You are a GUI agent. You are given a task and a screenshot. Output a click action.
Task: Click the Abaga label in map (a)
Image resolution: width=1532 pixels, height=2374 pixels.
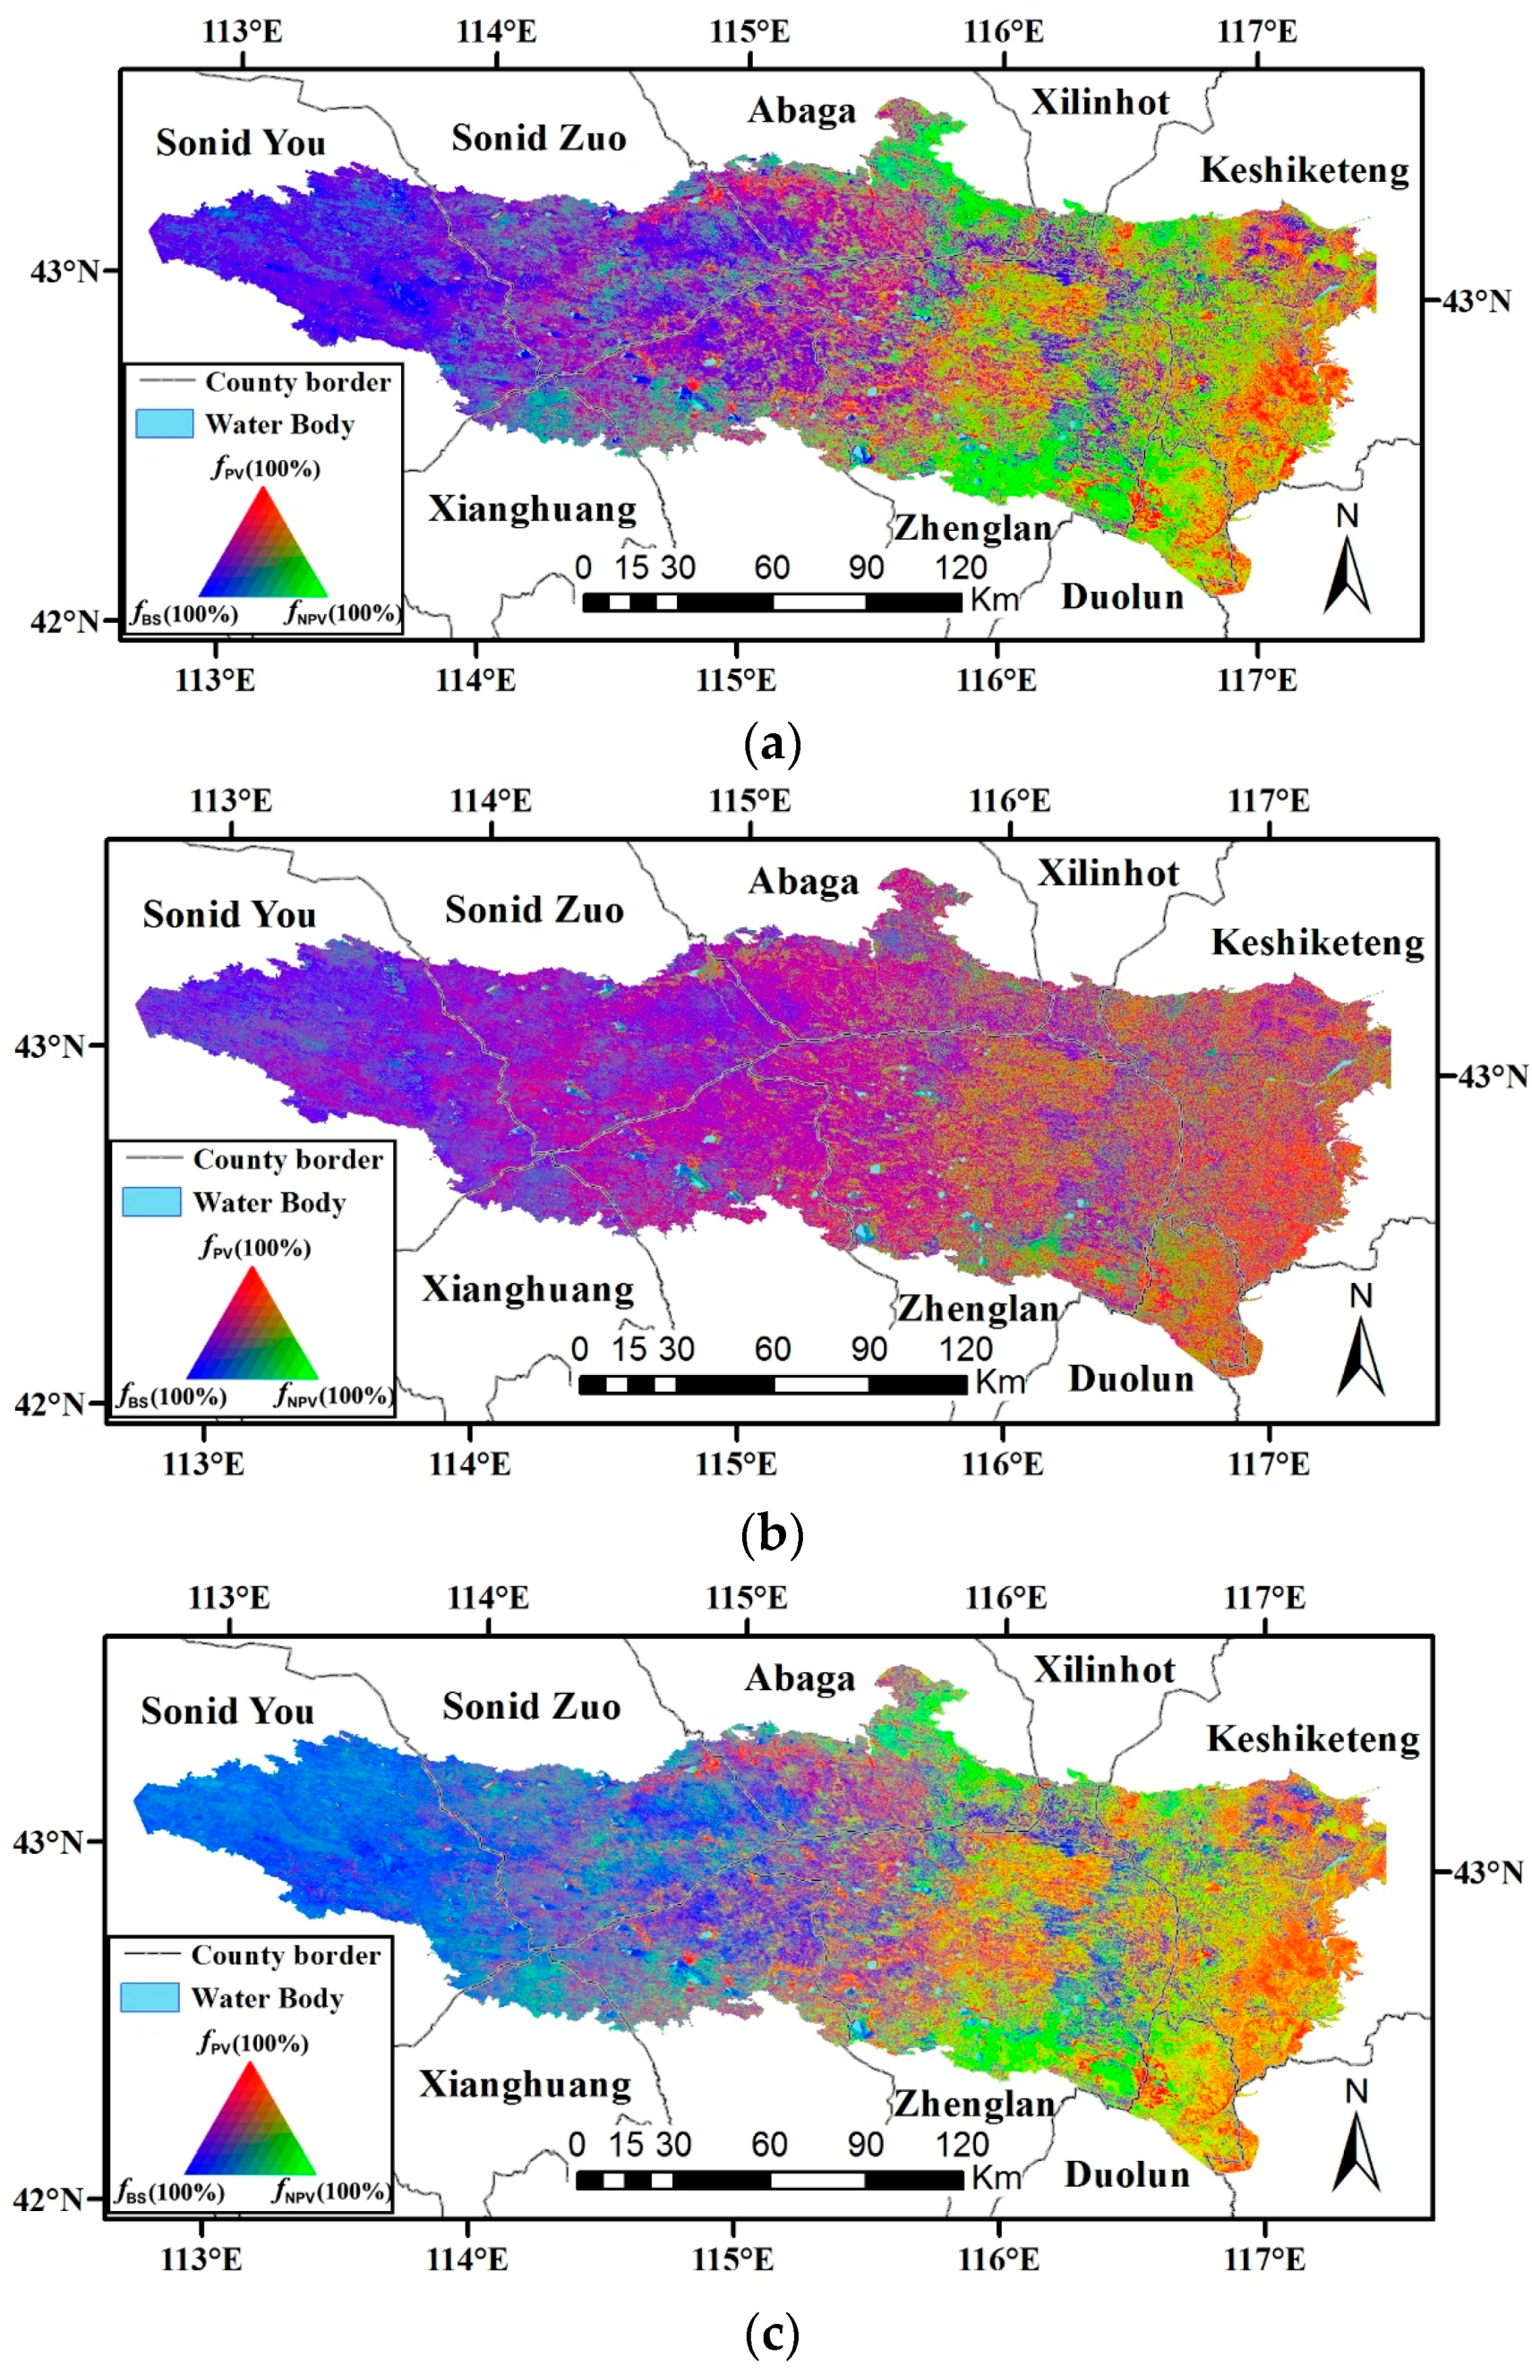(x=801, y=110)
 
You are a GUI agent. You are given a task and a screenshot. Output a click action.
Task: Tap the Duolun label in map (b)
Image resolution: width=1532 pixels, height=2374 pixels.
(x=1130, y=1379)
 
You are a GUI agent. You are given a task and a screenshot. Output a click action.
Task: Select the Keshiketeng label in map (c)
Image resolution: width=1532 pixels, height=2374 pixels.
(x=1314, y=1738)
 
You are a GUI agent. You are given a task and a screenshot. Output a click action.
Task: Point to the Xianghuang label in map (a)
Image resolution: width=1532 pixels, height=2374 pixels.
(x=532, y=509)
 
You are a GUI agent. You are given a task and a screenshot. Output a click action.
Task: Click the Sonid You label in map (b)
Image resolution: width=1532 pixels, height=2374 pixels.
(x=229, y=914)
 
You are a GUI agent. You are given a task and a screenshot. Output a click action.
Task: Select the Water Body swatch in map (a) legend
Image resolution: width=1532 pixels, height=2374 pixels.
(x=164, y=423)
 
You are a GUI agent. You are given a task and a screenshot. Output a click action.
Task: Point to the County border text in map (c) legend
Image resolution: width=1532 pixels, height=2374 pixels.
(x=286, y=1955)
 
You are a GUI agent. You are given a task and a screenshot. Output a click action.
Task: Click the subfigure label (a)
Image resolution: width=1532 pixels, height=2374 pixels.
(x=772, y=744)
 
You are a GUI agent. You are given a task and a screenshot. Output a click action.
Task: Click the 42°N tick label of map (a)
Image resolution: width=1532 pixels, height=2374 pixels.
(x=64, y=621)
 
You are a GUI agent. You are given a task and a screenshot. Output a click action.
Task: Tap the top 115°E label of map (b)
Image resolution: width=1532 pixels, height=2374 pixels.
(x=749, y=800)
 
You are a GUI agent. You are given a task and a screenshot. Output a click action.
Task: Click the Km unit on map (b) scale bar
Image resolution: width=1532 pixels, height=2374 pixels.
(x=1000, y=1382)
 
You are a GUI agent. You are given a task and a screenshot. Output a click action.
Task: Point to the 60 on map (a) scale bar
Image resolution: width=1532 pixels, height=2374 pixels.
(x=771, y=568)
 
